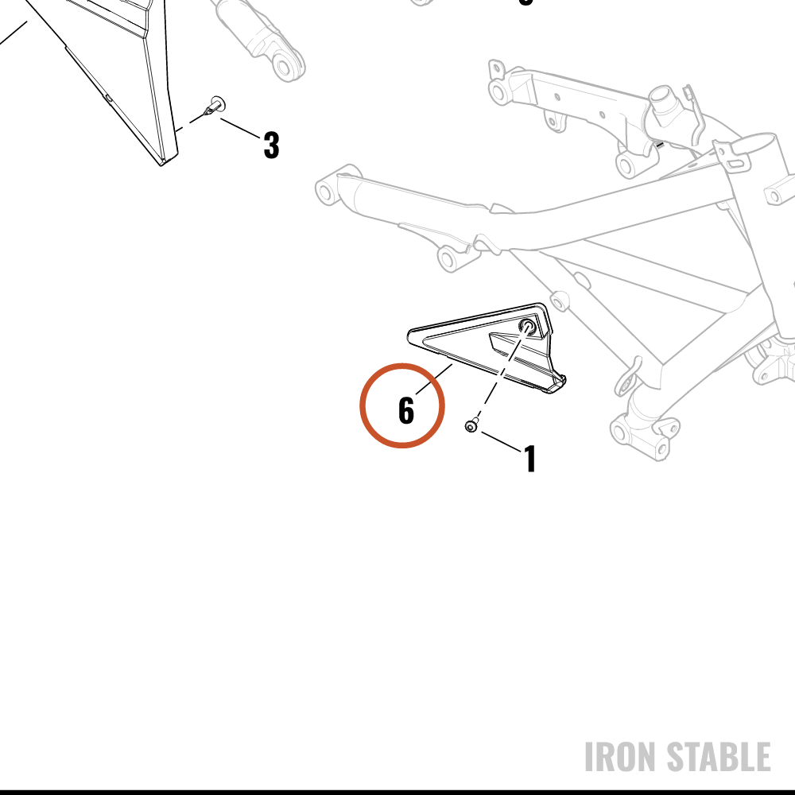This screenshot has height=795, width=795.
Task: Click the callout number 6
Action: [406, 410]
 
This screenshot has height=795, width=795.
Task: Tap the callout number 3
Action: [272, 145]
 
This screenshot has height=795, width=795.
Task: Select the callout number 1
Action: [529, 459]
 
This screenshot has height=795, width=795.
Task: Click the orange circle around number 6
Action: [402, 363]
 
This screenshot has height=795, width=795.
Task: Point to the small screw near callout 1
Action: [471, 426]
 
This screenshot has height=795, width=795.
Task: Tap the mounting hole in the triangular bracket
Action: [528, 326]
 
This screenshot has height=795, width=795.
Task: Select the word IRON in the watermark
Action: [622, 757]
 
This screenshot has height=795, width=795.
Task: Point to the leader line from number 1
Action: [502, 441]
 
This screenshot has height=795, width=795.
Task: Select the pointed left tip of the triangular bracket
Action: [409, 335]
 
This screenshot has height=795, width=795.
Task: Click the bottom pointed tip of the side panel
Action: [161, 164]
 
